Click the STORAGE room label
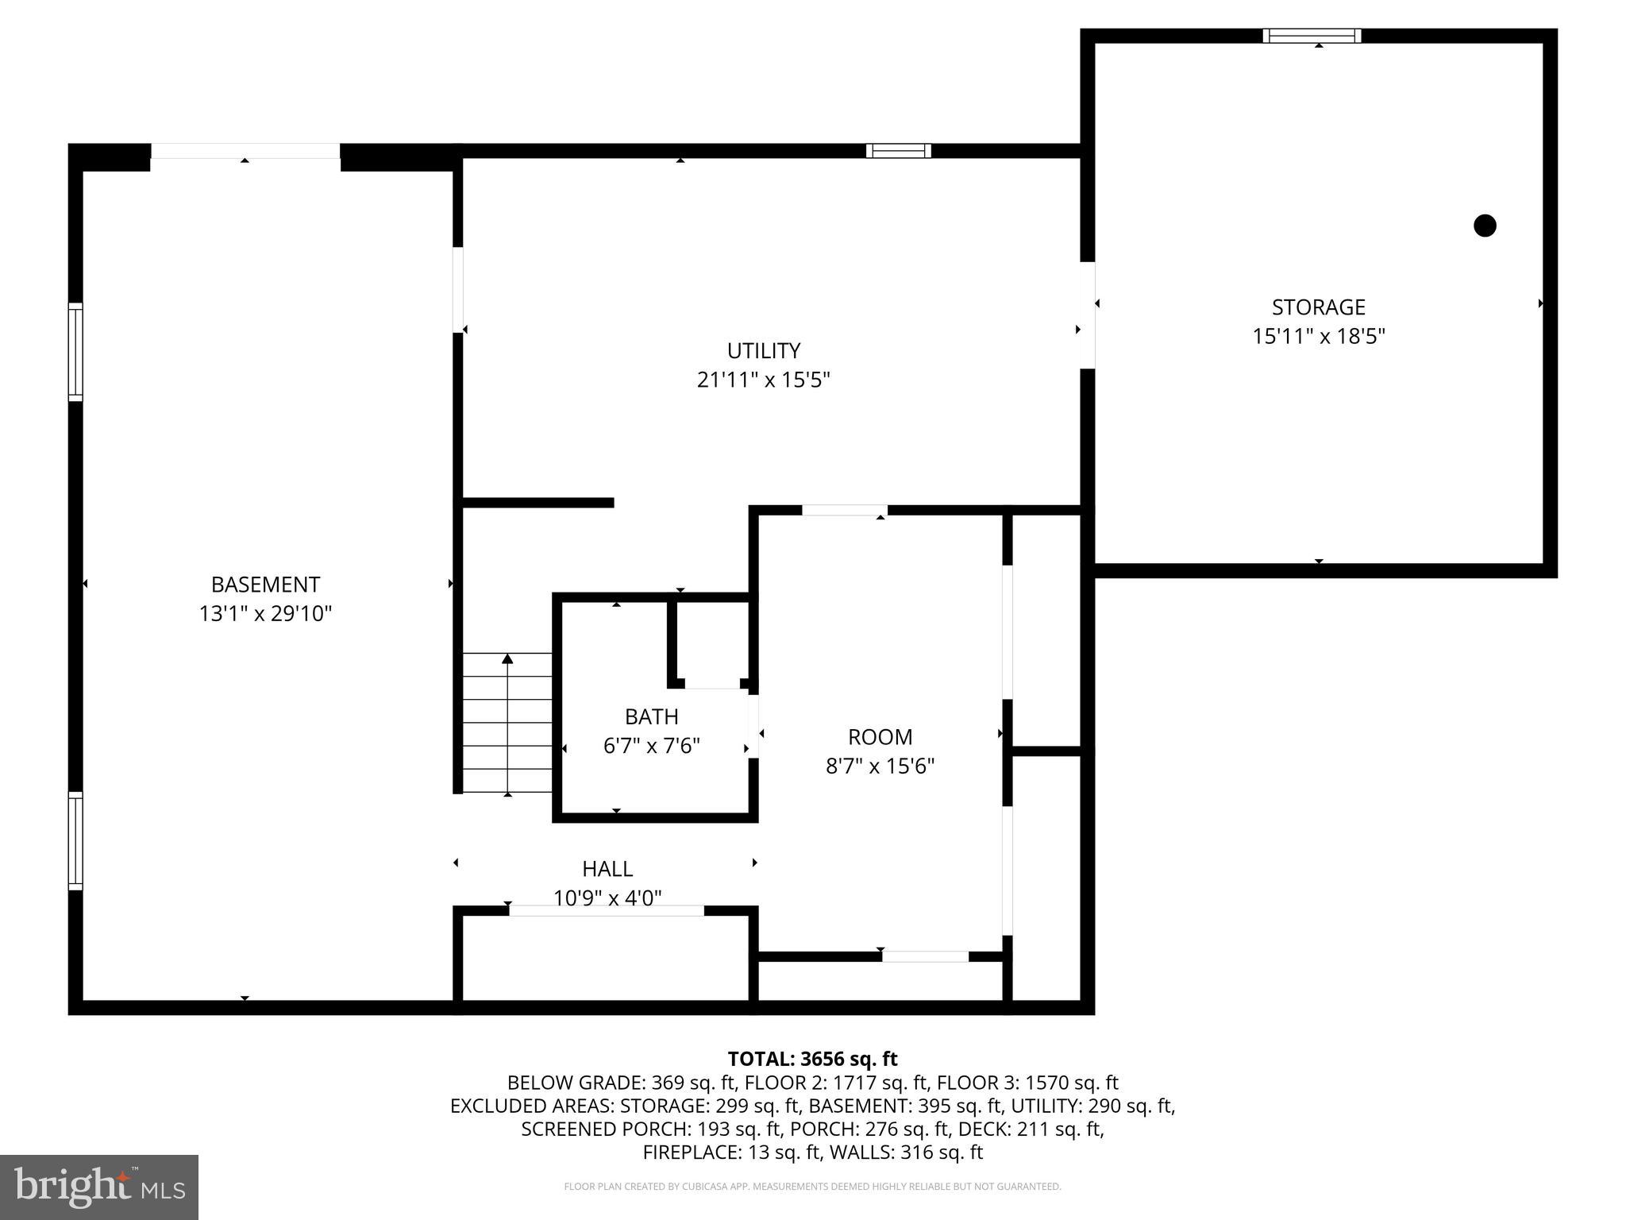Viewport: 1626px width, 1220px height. pyautogui.click(x=1318, y=307)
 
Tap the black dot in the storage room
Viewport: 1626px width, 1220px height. pyautogui.click(x=1485, y=226)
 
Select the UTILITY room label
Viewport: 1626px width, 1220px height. pyautogui.click(x=763, y=351)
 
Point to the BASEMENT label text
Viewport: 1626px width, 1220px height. pyautogui.click(x=265, y=585)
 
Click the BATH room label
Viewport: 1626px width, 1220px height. pyautogui.click(x=651, y=716)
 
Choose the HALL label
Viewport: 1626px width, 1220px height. pyautogui.click(x=607, y=869)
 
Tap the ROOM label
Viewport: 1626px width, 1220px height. pyautogui.click(x=880, y=737)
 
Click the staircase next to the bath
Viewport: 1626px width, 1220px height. pyautogui.click(x=507, y=723)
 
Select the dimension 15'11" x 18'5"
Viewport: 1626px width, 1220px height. pyautogui.click(x=1318, y=337)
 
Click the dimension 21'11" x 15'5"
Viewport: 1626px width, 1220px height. pyautogui.click(x=763, y=380)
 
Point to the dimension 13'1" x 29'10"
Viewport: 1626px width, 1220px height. pyautogui.click(x=265, y=614)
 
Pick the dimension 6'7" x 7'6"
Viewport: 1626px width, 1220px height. pyautogui.click(x=651, y=747)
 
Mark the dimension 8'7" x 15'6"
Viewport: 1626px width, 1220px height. pyautogui.click(x=880, y=766)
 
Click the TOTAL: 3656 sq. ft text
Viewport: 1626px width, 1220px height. pyautogui.click(x=812, y=1059)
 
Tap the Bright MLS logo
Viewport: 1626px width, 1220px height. pyautogui.click(x=99, y=1187)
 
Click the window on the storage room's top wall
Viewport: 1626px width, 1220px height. pyautogui.click(x=1312, y=36)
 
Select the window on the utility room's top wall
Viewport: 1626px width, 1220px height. pyautogui.click(x=898, y=151)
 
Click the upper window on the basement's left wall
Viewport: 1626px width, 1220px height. pyautogui.click(x=75, y=352)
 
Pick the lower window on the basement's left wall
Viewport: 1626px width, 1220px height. pyautogui.click(x=75, y=841)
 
